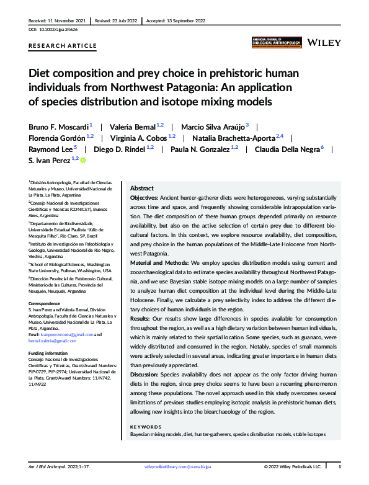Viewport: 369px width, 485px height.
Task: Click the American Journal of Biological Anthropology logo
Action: (277, 42)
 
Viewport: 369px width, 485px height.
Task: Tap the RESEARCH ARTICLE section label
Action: (63, 46)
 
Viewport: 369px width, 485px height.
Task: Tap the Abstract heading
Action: (143, 188)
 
